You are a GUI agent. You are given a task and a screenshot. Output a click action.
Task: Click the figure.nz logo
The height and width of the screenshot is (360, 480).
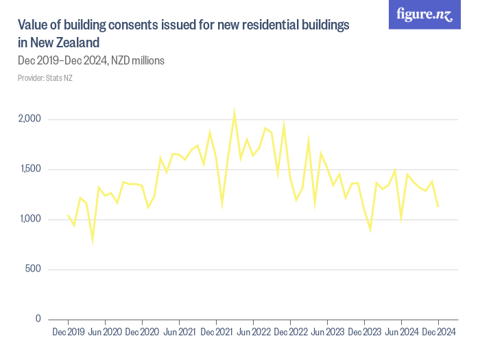point(425,14)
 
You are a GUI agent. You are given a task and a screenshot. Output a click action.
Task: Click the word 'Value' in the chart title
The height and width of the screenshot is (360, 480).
point(33,25)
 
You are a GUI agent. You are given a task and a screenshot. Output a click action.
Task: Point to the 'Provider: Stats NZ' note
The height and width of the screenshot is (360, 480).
point(45,77)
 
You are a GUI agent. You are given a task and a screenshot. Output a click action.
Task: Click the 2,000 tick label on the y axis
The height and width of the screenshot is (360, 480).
point(29,119)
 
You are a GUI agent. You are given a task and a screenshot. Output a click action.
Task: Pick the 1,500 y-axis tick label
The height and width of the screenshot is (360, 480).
point(29,169)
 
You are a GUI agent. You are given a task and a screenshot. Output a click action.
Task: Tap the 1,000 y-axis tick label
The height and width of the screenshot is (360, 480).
point(29,219)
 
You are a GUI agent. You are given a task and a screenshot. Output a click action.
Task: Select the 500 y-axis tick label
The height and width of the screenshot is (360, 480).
point(33,269)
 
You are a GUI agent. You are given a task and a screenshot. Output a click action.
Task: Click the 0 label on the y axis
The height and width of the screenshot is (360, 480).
point(39,319)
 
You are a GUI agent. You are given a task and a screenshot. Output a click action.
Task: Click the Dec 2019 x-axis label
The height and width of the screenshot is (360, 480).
point(69,333)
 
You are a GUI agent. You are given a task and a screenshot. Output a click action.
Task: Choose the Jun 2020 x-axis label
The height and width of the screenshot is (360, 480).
point(106,333)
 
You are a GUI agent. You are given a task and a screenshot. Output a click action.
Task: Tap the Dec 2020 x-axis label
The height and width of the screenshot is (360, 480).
point(143,333)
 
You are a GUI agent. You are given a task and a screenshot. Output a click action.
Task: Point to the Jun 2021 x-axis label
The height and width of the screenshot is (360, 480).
point(180,333)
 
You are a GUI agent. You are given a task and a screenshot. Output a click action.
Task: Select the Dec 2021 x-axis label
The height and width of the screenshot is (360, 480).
point(217,333)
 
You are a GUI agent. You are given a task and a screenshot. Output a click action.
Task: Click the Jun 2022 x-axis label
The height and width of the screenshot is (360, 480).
point(254,333)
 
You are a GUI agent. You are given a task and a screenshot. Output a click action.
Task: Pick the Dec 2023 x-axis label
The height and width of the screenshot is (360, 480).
point(364,333)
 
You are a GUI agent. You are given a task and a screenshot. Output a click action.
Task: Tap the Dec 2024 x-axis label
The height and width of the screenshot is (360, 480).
point(438,333)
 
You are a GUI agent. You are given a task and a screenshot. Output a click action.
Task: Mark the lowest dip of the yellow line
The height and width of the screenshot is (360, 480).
point(93,240)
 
